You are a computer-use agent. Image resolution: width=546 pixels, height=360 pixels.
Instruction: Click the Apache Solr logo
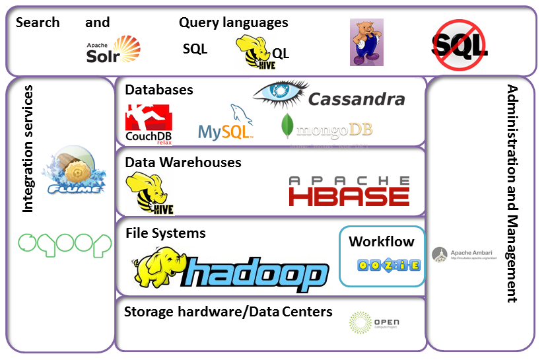pyautogui.click(x=114, y=50)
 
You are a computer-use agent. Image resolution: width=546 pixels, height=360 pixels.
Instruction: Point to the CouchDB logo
pyautogui.click(x=149, y=124)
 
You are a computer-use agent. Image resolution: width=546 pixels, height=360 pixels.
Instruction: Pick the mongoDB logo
pyautogui.click(x=326, y=126)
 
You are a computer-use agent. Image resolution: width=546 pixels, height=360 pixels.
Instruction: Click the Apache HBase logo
pyautogui.click(x=349, y=191)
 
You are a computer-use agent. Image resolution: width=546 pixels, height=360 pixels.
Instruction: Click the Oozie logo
pyautogui.click(x=380, y=266)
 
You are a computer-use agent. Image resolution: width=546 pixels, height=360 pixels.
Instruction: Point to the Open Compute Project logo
pyautogui.click(x=374, y=324)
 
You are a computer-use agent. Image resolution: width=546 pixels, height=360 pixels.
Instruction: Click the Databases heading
pyautogui.click(x=159, y=90)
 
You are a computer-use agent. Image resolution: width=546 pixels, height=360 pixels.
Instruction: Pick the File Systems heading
pyautogui.click(x=165, y=233)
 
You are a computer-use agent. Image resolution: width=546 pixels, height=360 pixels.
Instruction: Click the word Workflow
pyautogui.click(x=382, y=241)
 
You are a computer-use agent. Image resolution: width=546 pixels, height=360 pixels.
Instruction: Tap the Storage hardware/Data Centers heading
pyautogui.click(x=228, y=311)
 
